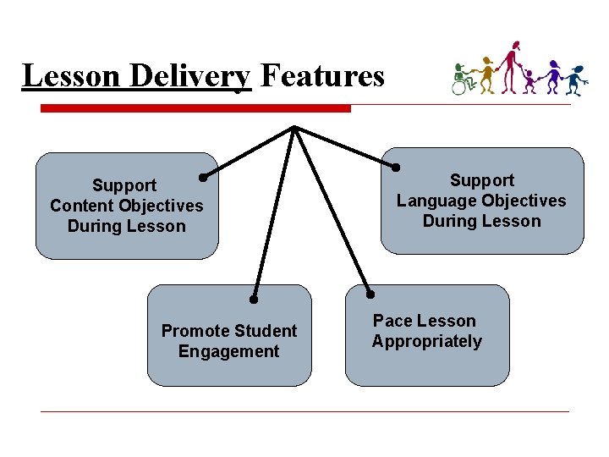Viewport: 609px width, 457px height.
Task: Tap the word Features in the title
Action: tap(321, 76)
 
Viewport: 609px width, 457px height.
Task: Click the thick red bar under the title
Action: tap(195, 108)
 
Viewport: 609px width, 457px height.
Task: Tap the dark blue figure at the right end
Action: tap(576, 78)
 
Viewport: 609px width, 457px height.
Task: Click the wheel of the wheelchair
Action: tap(460, 86)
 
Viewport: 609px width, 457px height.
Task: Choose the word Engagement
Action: tap(228, 351)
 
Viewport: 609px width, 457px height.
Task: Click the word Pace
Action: tap(392, 321)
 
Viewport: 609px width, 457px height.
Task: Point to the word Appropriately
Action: tap(426, 342)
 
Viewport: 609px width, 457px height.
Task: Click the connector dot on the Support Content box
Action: tap(203, 178)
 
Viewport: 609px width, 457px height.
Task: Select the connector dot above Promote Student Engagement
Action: tap(253, 299)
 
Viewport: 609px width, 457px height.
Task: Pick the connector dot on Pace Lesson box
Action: tap(370, 295)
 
